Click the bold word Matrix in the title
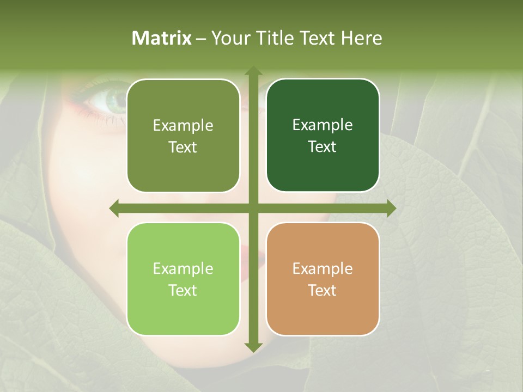[x=162, y=38]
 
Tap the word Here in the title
[x=361, y=38]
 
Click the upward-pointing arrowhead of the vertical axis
[x=253, y=71]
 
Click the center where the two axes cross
[x=253, y=208]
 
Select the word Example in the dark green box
[x=323, y=125]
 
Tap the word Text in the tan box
[x=323, y=290]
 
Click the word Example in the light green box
[x=183, y=268]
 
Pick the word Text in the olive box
[x=183, y=147]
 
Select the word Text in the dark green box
[x=323, y=147]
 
